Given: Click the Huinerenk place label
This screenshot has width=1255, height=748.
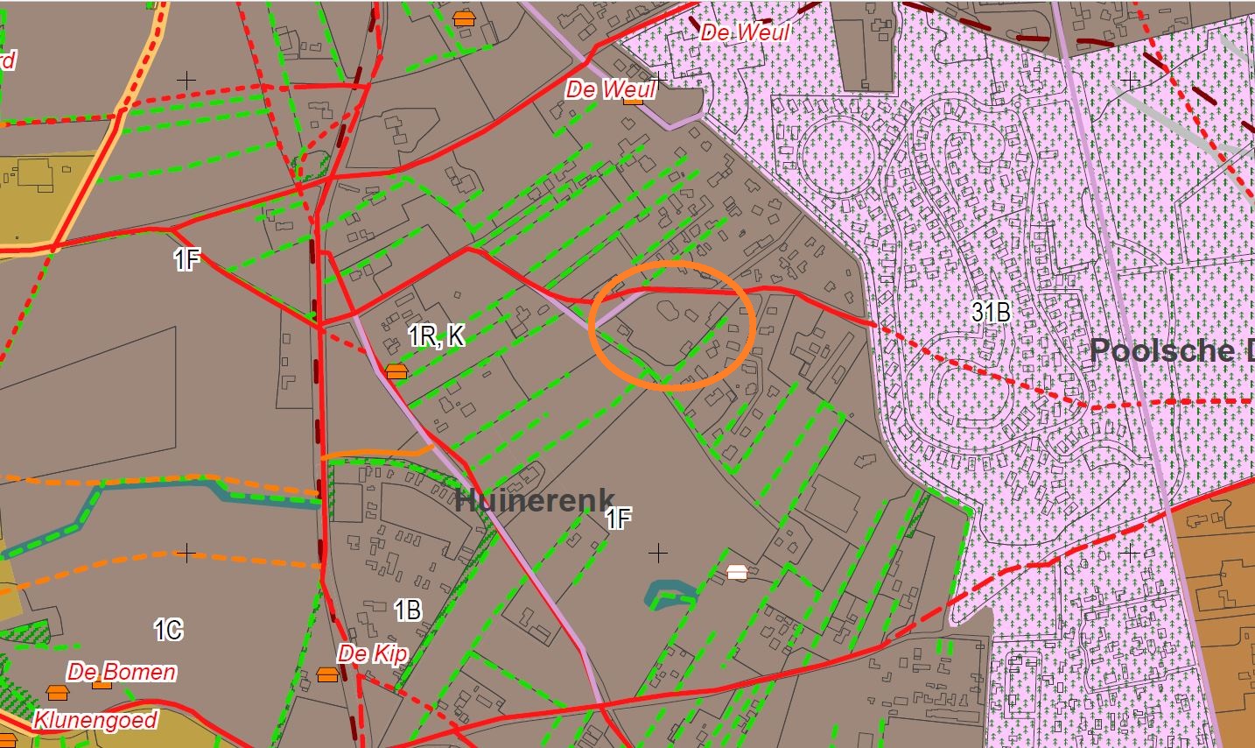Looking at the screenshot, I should pyautogui.click(x=535, y=500).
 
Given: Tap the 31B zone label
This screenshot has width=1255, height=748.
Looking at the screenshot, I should pyautogui.click(x=991, y=311).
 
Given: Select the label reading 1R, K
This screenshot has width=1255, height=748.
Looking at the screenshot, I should pyautogui.click(x=436, y=335).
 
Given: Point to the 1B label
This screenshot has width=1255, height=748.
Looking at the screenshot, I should pyautogui.click(x=408, y=610).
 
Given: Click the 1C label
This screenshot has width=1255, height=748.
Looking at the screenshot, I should pyautogui.click(x=168, y=629).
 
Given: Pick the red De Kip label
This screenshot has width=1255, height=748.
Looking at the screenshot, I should pyautogui.click(x=372, y=653).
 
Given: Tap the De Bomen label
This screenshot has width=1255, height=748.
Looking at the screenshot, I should pyautogui.click(x=122, y=672).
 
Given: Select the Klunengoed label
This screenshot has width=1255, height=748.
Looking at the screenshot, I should pyautogui.click(x=95, y=720).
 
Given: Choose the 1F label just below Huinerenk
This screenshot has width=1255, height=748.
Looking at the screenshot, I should pyautogui.click(x=618, y=519).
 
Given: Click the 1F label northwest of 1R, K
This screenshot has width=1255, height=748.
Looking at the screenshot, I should pyautogui.click(x=186, y=259).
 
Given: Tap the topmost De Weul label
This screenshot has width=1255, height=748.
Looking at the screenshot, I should pyautogui.click(x=745, y=32).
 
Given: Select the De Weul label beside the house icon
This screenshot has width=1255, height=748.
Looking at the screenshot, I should pyautogui.click(x=610, y=88).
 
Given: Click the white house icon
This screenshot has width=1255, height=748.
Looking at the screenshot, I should pyautogui.click(x=737, y=573).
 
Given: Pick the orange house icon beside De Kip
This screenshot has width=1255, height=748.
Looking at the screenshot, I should pyautogui.click(x=327, y=674).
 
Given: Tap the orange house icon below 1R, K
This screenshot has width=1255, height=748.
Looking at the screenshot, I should pyautogui.click(x=396, y=371).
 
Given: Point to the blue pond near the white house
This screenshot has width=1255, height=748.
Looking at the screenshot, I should pyautogui.click(x=670, y=592).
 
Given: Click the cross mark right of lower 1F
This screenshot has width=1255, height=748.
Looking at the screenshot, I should pyautogui.click(x=657, y=553).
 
